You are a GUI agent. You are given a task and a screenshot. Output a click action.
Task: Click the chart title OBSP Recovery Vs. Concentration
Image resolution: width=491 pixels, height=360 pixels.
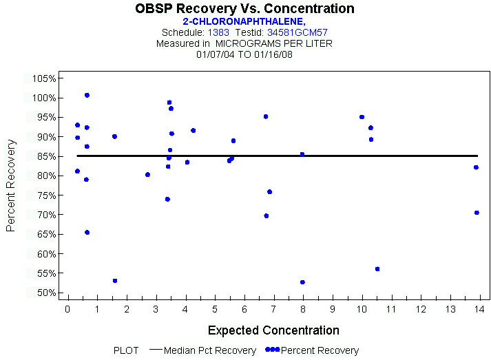pyautogui.click(x=244, y=9)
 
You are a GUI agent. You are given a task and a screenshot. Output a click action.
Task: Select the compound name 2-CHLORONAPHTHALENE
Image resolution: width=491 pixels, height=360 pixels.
pyautogui.click(x=244, y=21)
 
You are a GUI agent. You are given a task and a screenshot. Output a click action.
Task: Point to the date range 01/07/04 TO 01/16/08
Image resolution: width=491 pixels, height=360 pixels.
pyautogui.click(x=244, y=54)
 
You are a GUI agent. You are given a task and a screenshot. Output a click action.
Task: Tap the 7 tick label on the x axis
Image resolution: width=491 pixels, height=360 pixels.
pyautogui.click(x=274, y=309)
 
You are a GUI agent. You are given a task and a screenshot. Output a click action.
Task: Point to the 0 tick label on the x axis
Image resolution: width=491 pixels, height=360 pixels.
pyautogui.click(x=67, y=309)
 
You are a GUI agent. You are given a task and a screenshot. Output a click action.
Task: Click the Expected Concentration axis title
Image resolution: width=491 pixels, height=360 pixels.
pyautogui.click(x=273, y=330)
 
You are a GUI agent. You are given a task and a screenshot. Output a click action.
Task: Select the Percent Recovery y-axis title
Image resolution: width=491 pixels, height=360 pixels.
pyautogui.click(x=11, y=185)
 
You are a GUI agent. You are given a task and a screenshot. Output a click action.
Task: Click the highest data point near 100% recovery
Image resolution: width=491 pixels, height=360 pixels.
pyautogui.click(x=87, y=95)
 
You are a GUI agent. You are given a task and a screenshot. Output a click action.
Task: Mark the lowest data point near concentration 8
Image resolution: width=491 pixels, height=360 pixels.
pyautogui.click(x=302, y=282)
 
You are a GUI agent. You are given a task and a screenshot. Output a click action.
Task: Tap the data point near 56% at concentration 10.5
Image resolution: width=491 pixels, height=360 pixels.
pyautogui.click(x=377, y=269)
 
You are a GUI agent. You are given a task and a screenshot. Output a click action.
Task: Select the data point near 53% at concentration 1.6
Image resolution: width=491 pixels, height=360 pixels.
pyautogui.click(x=115, y=281)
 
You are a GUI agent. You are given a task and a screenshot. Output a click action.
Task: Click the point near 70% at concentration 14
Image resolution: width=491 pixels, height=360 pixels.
pyautogui.click(x=477, y=213)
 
